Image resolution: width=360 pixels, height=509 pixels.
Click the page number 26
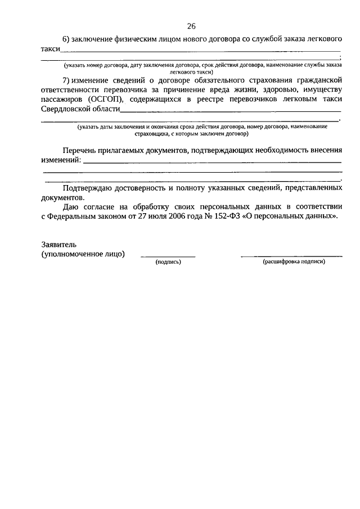pos(191,26)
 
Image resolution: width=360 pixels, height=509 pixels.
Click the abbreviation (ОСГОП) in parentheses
pos(107,99)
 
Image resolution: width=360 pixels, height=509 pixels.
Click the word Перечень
pos(80,151)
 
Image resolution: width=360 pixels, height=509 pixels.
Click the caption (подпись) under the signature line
pos(168,262)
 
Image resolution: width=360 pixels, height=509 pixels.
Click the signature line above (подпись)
pos(168,256)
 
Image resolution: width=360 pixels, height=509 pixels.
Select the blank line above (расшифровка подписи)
pos(291,256)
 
